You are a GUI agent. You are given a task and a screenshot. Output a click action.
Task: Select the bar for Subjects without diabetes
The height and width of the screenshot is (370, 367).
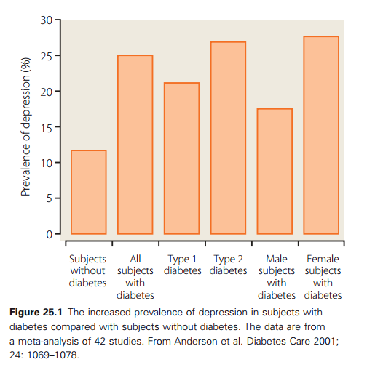pos(89,192)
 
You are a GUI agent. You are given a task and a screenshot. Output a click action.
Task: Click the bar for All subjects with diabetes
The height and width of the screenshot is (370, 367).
pos(135,145)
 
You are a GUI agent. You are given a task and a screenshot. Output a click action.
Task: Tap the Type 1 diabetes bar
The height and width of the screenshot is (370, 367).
pos(182,158)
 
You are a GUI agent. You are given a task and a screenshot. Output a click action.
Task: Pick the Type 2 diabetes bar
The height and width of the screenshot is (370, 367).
pos(228,138)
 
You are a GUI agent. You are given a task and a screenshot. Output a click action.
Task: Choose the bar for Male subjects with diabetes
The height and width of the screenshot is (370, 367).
pos(275,172)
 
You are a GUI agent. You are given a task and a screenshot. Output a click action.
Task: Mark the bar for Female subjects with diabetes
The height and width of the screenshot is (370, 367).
pos(321,135)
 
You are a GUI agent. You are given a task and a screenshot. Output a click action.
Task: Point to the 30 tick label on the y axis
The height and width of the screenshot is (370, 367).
pos(47,20)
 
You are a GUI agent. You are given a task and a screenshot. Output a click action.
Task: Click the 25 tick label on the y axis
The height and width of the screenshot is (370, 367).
pos(47,56)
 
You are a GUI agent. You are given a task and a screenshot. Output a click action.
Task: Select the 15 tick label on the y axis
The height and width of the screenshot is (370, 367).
pos(47,128)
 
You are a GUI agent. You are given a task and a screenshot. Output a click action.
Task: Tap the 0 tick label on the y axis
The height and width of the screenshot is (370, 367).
pos(50,235)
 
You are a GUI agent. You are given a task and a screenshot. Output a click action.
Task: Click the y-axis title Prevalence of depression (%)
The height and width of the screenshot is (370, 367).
pos(25,126)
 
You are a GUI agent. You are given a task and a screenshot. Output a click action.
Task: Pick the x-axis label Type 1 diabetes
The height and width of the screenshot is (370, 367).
pos(183,265)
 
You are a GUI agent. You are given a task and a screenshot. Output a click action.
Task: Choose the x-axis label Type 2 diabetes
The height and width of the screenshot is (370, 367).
pos(228,265)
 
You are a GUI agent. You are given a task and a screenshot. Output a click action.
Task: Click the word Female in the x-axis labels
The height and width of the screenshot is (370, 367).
pos(323,259)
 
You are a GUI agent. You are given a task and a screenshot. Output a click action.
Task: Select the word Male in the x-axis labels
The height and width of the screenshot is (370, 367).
pos(277,259)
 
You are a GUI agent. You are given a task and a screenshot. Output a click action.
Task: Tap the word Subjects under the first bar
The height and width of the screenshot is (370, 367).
pos(87,260)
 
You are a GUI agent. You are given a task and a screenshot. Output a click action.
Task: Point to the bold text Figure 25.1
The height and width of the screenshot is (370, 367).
pos(36,313)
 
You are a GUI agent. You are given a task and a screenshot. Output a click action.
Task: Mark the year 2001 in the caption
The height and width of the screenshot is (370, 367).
pos(325,342)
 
